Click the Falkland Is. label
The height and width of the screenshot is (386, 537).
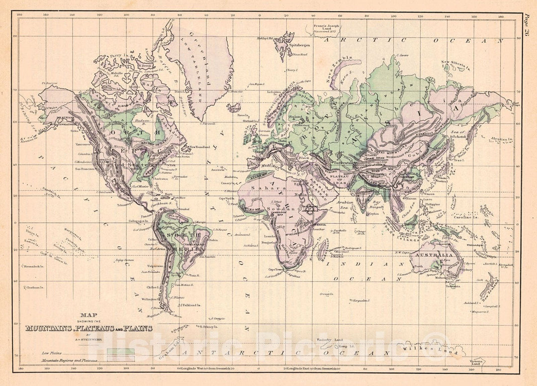click(190, 304)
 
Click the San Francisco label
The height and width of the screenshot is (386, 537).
click(85, 169)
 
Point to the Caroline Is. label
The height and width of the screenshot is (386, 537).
click(464, 217)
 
